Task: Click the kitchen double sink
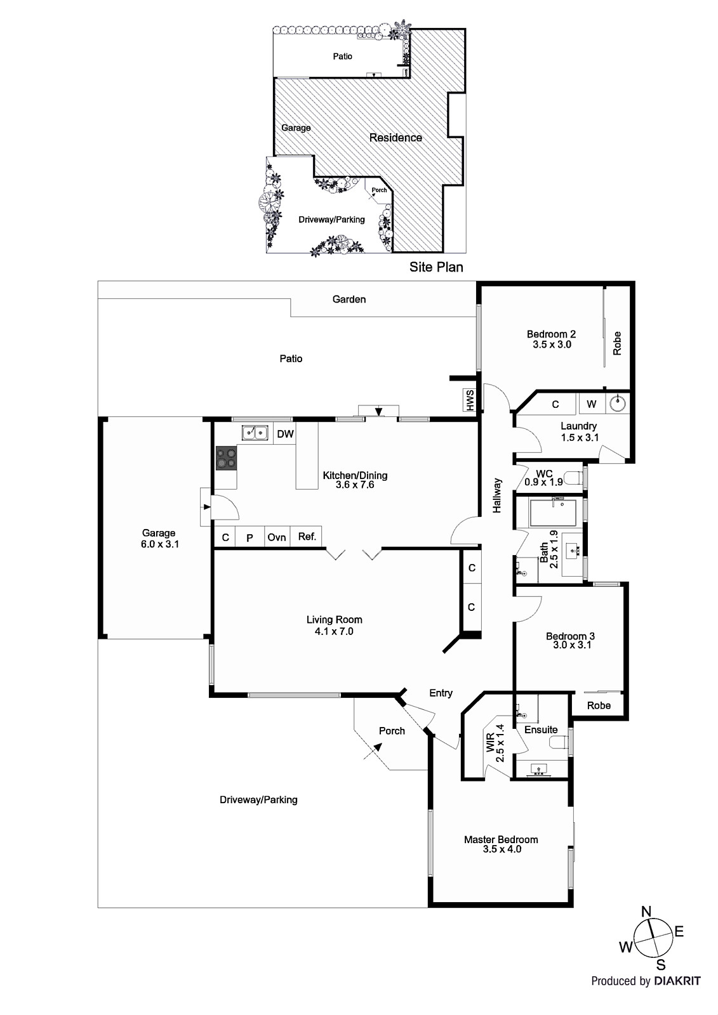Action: (x=255, y=433)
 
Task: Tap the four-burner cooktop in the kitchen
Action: (x=227, y=458)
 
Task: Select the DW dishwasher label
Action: (x=285, y=434)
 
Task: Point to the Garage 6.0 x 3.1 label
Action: (x=159, y=539)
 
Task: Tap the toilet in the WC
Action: (x=576, y=478)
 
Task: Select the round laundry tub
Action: (x=617, y=403)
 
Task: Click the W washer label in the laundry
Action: (x=592, y=403)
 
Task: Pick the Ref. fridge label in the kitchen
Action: (x=307, y=537)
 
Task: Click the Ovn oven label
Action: (x=277, y=537)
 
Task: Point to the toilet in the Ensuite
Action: (x=559, y=743)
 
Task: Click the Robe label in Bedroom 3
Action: (x=599, y=705)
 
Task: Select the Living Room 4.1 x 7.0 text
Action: (x=335, y=625)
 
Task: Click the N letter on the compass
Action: (x=646, y=912)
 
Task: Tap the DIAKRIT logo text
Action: (x=677, y=981)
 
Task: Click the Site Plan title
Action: (x=436, y=267)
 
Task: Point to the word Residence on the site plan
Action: (x=396, y=138)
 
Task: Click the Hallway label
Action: (x=497, y=495)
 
